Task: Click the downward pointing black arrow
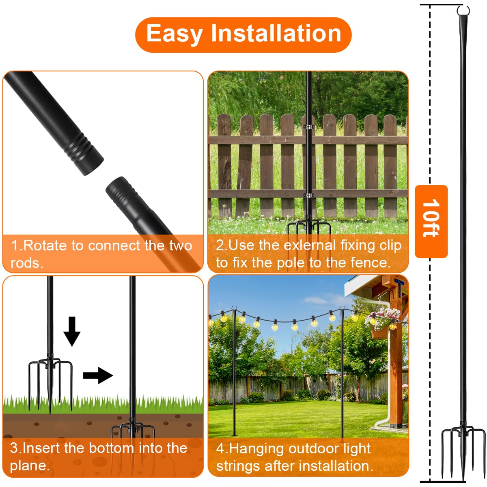(72, 331)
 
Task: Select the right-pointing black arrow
(98, 375)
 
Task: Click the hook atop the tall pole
(463, 11)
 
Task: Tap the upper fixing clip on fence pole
(309, 127)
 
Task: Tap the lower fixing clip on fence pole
(309, 196)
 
